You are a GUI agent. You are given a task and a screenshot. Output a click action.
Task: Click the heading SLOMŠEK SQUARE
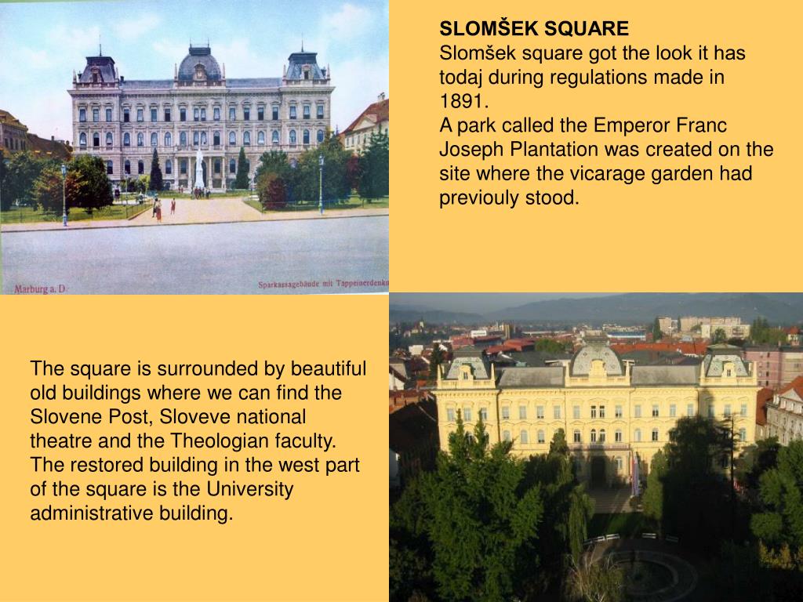[533, 29]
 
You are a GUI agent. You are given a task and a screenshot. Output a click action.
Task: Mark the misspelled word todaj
[460, 78]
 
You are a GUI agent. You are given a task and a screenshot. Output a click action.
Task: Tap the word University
[249, 489]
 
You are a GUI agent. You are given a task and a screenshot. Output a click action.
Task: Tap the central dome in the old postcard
[199, 64]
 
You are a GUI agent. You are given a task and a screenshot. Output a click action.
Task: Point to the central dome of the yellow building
[598, 359]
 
